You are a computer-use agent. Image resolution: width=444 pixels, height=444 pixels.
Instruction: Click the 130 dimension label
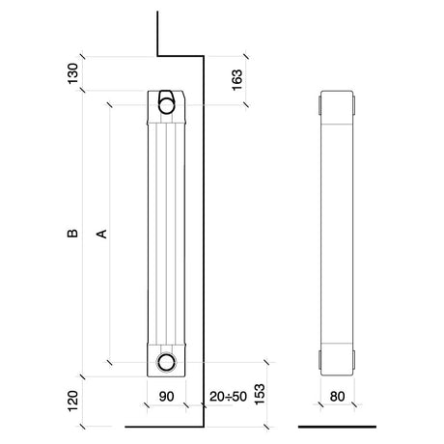[x=72, y=73]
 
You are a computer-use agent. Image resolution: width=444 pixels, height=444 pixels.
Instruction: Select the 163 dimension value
[x=236, y=80]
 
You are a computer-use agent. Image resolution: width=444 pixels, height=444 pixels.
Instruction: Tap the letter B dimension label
[x=72, y=234]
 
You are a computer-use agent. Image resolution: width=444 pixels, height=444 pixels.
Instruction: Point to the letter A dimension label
[x=102, y=234]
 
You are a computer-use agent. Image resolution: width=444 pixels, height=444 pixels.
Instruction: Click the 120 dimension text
[x=73, y=401]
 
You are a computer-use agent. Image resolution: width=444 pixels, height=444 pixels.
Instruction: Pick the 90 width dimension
[x=167, y=397]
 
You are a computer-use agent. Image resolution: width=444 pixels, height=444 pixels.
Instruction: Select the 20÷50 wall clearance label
[x=228, y=397]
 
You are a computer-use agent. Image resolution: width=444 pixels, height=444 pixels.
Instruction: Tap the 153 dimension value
[x=260, y=394]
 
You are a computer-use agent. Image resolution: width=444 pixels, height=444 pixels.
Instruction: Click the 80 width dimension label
[x=337, y=397]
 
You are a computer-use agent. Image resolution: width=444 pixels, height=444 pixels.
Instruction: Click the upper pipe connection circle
[x=166, y=105]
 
